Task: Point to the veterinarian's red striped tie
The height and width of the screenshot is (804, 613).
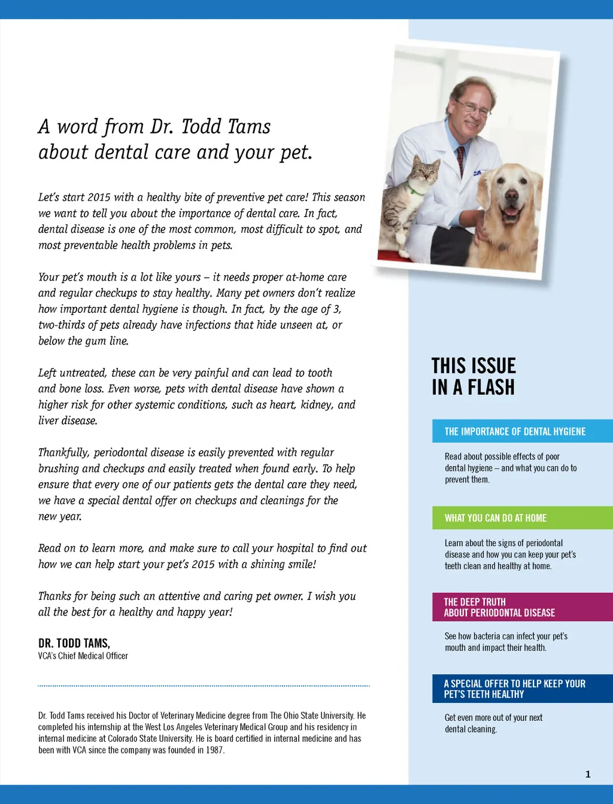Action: [x=460, y=160]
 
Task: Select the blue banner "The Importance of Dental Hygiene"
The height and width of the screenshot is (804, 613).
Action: [x=522, y=431]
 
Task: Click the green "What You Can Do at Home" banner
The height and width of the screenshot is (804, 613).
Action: [x=522, y=518]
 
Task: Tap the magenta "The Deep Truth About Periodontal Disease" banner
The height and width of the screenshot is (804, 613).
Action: [x=522, y=607]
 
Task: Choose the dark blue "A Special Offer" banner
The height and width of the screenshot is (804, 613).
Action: [x=522, y=689]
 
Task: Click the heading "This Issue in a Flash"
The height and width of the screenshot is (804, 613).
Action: [x=474, y=376]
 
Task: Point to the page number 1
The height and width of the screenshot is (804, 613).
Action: [x=588, y=774]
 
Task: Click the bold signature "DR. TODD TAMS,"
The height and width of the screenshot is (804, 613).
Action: [x=74, y=643]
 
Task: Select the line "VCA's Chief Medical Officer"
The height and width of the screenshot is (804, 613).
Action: [x=83, y=656]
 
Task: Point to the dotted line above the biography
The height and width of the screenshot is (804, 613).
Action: [x=204, y=686]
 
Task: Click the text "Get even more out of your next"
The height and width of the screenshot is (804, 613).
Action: [x=493, y=717]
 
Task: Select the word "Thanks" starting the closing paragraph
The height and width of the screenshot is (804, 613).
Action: [x=54, y=596]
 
